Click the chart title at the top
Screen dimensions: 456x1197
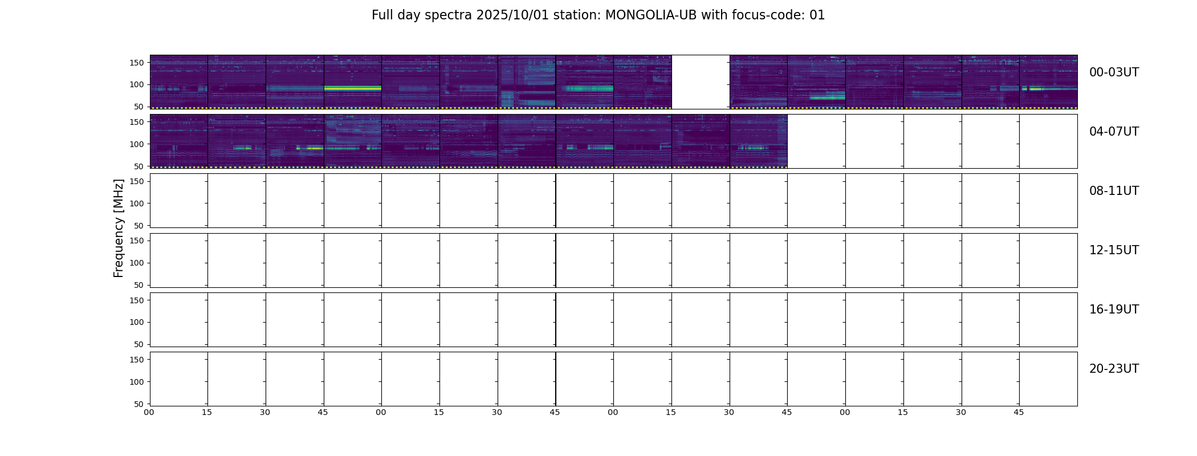click(x=598, y=15)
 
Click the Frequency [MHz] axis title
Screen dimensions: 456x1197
click(x=119, y=228)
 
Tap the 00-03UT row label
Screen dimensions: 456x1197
click(x=1114, y=72)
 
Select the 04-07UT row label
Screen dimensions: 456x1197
click(x=1114, y=132)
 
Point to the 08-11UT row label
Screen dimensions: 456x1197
click(x=1114, y=191)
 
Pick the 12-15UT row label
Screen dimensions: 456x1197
click(x=1114, y=250)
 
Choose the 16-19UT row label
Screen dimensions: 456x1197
click(x=1114, y=310)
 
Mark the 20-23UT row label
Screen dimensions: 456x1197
click(x=1114, y=369)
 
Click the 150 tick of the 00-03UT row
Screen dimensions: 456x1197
click(x=137, y=63)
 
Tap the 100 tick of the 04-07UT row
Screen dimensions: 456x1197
click(x=137, y=144)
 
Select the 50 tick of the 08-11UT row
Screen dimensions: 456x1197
click(x=139, y=226)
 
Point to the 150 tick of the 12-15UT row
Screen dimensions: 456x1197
click(x=137, y=241)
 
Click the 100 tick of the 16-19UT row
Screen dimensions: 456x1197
click(x=137, y=322)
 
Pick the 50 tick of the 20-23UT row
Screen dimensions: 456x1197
click(x=139, y=404)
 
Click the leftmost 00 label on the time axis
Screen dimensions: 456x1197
click(x=149, y=413)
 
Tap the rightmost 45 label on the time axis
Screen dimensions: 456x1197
click(x=1019, y=413)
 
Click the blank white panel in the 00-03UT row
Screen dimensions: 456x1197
click(x=701, y=82)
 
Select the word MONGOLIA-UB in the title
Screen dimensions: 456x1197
click(x=651, y=15)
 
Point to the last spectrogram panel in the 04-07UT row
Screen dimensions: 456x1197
click(x=758, y=141)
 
